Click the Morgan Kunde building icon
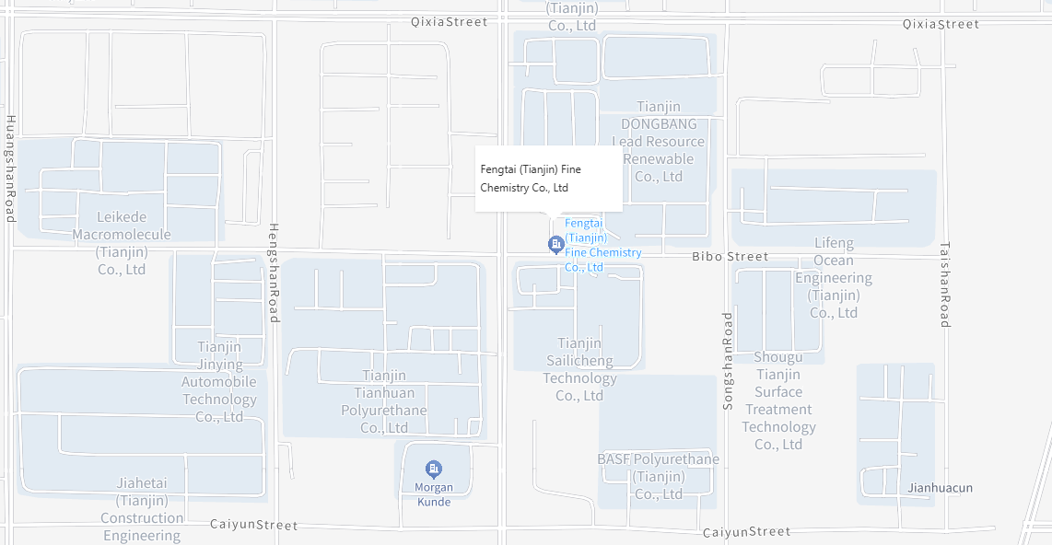coord(434,470)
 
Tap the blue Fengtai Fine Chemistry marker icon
coord(555,244)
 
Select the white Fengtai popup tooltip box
coord(548,179)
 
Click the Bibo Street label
coord(730,257)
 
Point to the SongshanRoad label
coord(728,360)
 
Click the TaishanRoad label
coord(944,284)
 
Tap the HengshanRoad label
coord(274,272)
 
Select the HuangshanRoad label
coord(10,168)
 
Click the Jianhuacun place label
coord(940,488)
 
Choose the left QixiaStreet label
coord(449,22)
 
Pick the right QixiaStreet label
coord(941,24)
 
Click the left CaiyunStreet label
coord(253,525)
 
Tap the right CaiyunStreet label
coord(746,532)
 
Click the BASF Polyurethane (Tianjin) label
coord(659,476)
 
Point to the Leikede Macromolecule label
coord(122,243)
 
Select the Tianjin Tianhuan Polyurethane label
coord(384,401)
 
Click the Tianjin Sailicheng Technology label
coord(579,369)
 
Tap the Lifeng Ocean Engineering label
coord(834,278)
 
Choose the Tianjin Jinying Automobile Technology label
coord(219,381)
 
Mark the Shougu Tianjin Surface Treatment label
coord(778,400)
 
